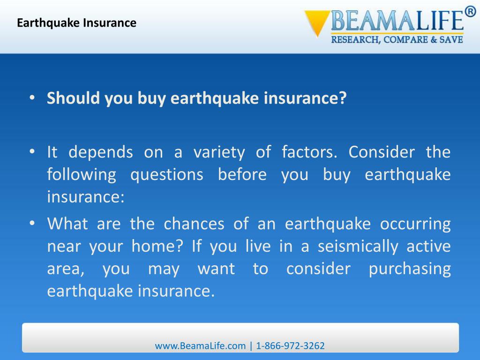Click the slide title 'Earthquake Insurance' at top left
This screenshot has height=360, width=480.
click(x=76, y=23)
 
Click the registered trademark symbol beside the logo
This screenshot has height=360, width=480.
click(x=470, y=13)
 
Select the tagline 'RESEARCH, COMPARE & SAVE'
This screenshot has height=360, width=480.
click(x=397, y=40)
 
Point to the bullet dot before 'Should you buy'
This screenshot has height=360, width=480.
click(x=32, y=98)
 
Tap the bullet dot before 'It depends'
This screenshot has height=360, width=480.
click(x=32, y=152)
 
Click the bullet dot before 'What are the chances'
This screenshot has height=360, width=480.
click(x=32, y=224)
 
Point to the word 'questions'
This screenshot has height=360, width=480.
click(x=166, y=175)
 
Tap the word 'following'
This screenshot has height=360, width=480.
click(x=81, y=175)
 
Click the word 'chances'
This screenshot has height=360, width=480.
click(x=194, y=224)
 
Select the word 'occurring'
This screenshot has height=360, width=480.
click(x=415, y=224)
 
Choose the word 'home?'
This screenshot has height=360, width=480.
click(x=160, y=247)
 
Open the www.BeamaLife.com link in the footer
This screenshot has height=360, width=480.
click(x=200, y=346)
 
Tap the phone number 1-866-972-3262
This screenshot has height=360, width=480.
click(x=291, y=346)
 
